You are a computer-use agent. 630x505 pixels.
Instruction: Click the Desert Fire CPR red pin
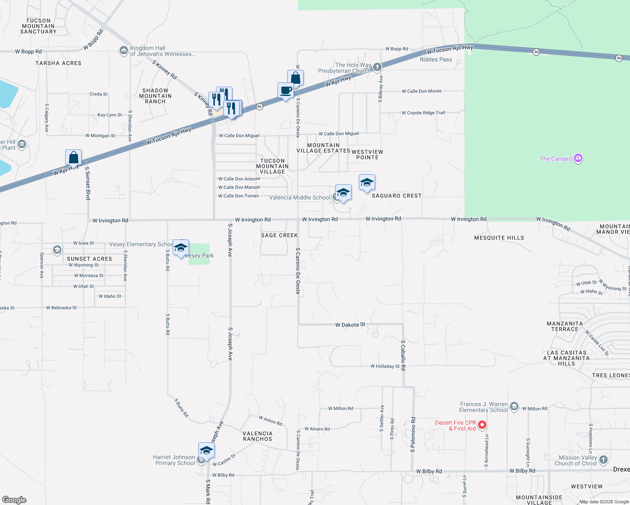click(482, 425)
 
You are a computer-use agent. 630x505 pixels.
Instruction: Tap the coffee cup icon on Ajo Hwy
click(286, 91)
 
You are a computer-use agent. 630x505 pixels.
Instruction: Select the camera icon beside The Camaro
click(578, 158)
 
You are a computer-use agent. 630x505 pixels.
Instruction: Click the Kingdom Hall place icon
click(123, 51)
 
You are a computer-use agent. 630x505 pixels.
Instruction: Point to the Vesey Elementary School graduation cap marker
click(181, 248)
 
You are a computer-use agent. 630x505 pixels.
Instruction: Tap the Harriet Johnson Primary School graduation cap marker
click(206, 451)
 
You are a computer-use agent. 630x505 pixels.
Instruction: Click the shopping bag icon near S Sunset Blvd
click(73, 158)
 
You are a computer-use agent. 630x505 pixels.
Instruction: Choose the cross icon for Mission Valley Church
click(603, 460)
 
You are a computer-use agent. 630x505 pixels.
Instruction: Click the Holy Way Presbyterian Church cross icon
click(377, 67)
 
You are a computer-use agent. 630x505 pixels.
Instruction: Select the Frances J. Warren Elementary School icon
click(514, 407)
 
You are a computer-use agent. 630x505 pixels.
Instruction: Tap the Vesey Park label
click(199, 255)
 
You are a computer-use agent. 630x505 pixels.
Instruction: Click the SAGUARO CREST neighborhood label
click(396, 196)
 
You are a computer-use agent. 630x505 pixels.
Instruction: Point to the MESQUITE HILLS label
click(499, 238)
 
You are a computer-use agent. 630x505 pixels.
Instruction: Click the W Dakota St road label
click(350, 325)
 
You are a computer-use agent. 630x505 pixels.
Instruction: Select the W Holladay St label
click(385, 366)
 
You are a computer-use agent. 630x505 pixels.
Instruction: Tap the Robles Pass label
click(436, 59)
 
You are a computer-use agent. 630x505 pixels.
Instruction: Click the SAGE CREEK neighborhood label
click(279, 235)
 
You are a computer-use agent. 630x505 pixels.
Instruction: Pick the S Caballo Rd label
click(403, 355)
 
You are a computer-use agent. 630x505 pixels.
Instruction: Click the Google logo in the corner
click(14, 500)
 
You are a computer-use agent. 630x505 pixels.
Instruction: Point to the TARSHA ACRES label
click(58, 63)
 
